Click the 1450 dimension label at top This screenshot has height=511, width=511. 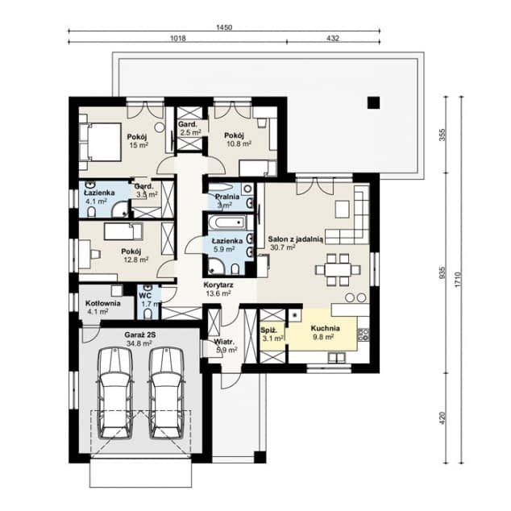(224, 27)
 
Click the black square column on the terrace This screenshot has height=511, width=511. (372, 102)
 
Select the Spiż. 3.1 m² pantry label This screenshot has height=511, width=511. (272, 334)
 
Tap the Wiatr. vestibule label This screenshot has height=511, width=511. (225, 346)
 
